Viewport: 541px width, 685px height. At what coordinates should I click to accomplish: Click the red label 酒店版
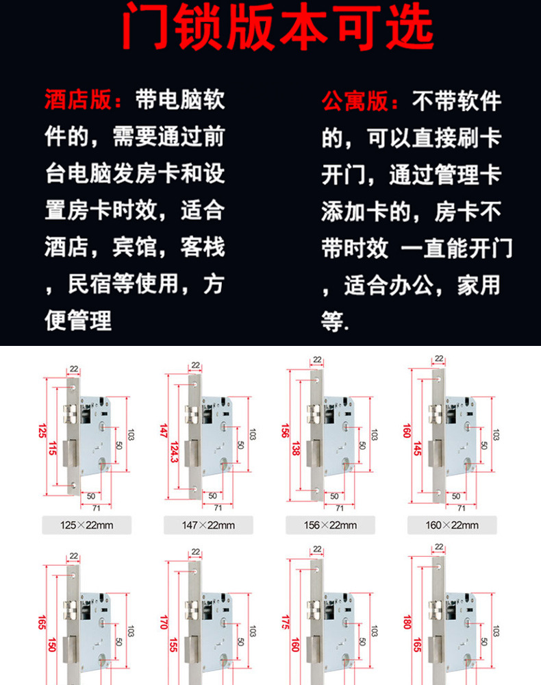tap(77, 101)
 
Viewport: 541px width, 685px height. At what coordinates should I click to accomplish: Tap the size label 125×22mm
tap(77, 525)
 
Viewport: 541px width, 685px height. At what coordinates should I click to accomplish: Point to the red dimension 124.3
tap(177, 450)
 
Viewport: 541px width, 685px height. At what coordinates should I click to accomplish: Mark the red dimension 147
tap(163, 430)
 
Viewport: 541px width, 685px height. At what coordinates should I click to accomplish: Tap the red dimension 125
tap(42, 432)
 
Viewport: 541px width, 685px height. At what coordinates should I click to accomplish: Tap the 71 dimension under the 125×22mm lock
tap(96, 508)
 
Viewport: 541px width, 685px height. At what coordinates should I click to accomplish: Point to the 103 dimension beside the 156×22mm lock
tap(375, 434)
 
